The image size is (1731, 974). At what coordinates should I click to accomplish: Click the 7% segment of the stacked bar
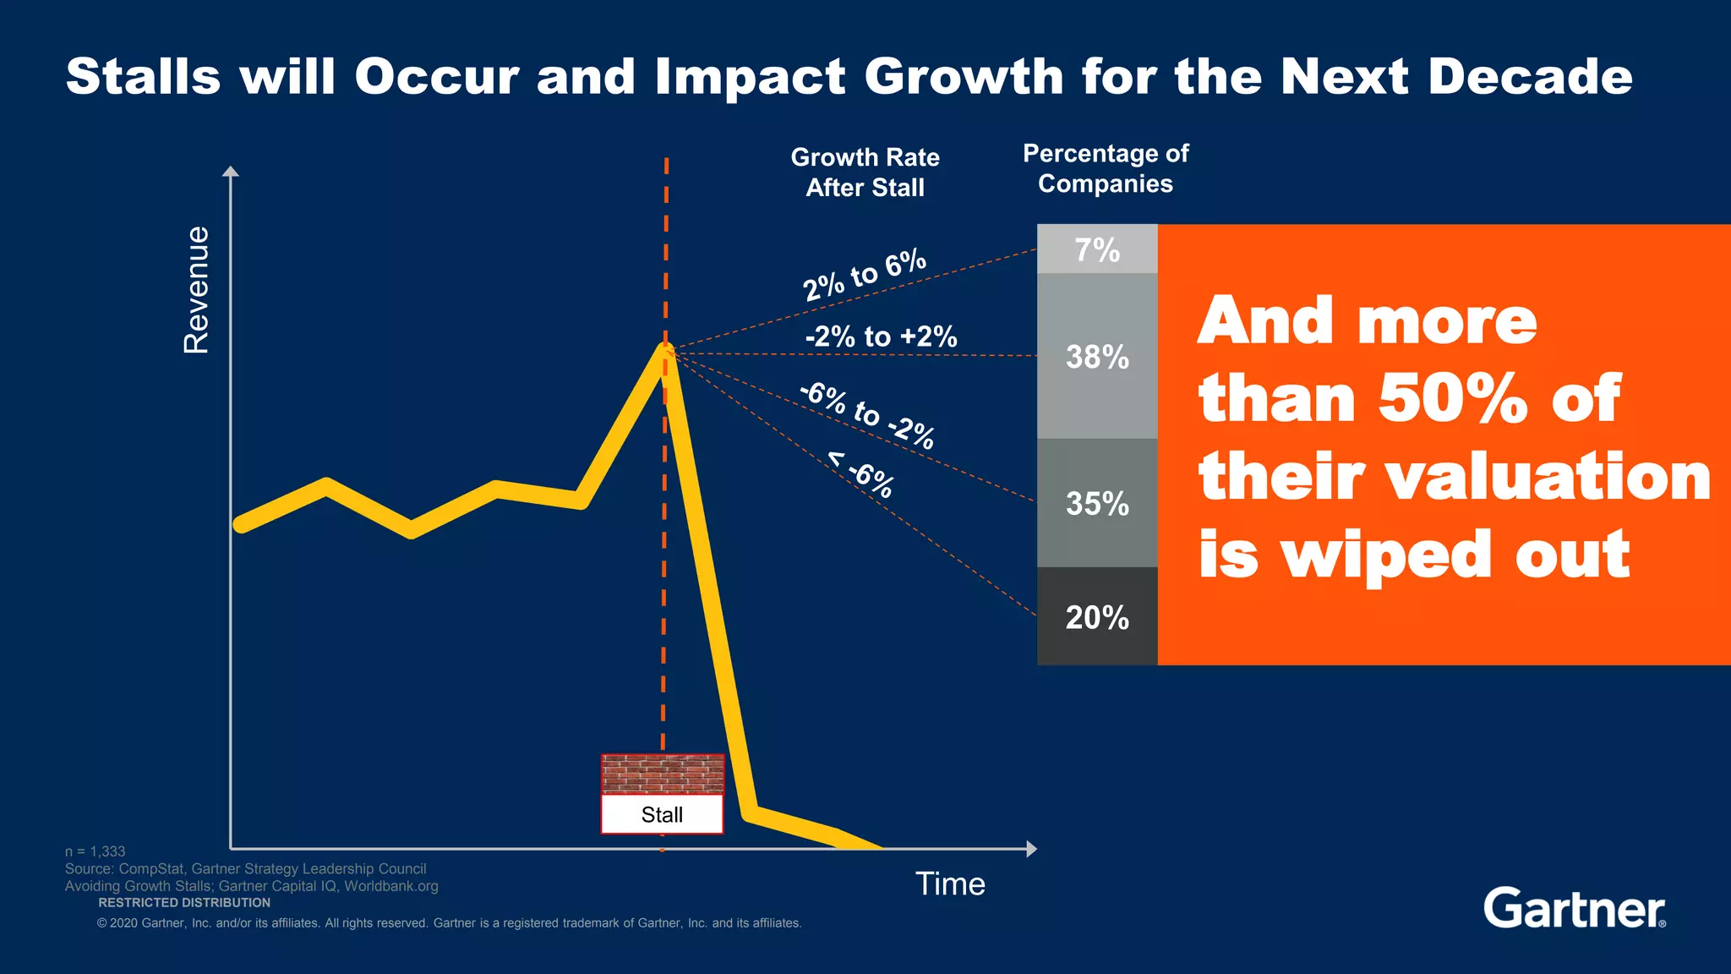tap(1096, 249)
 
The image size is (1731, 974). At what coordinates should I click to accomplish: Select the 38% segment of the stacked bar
tap(1096, 356)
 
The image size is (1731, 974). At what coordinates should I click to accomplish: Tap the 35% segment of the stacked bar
tap(1096, 503)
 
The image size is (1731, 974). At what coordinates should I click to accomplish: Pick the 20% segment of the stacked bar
tap(1096, 617)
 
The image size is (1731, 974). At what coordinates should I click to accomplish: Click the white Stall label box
tap(662, 814)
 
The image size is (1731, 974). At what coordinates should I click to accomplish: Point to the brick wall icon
tap(662, 774)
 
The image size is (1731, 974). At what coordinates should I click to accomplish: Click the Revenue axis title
tap(196, 289)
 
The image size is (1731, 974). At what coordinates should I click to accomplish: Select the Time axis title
tap(950, 884)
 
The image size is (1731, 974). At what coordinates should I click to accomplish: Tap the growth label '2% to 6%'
tap(864, 276)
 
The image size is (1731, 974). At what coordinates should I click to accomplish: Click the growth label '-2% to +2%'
tap(881, 337)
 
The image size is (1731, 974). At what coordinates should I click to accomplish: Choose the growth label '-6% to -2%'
tap(867, 415)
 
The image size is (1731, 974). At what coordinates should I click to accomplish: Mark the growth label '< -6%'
tap(860, 475)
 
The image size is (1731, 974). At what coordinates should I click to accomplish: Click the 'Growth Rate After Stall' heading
tap(865, 172)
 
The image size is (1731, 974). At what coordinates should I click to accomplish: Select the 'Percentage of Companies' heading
tap(1106, 168)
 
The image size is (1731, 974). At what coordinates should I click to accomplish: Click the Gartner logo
tap(1574, 908)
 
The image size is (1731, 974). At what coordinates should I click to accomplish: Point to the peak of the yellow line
tap(665, 348)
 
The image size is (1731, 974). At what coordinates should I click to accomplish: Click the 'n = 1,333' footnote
tap(95, 851)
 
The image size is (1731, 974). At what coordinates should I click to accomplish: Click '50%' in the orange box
tap(1452, 398)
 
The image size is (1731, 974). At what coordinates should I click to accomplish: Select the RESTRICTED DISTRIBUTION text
tap(184, 903)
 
